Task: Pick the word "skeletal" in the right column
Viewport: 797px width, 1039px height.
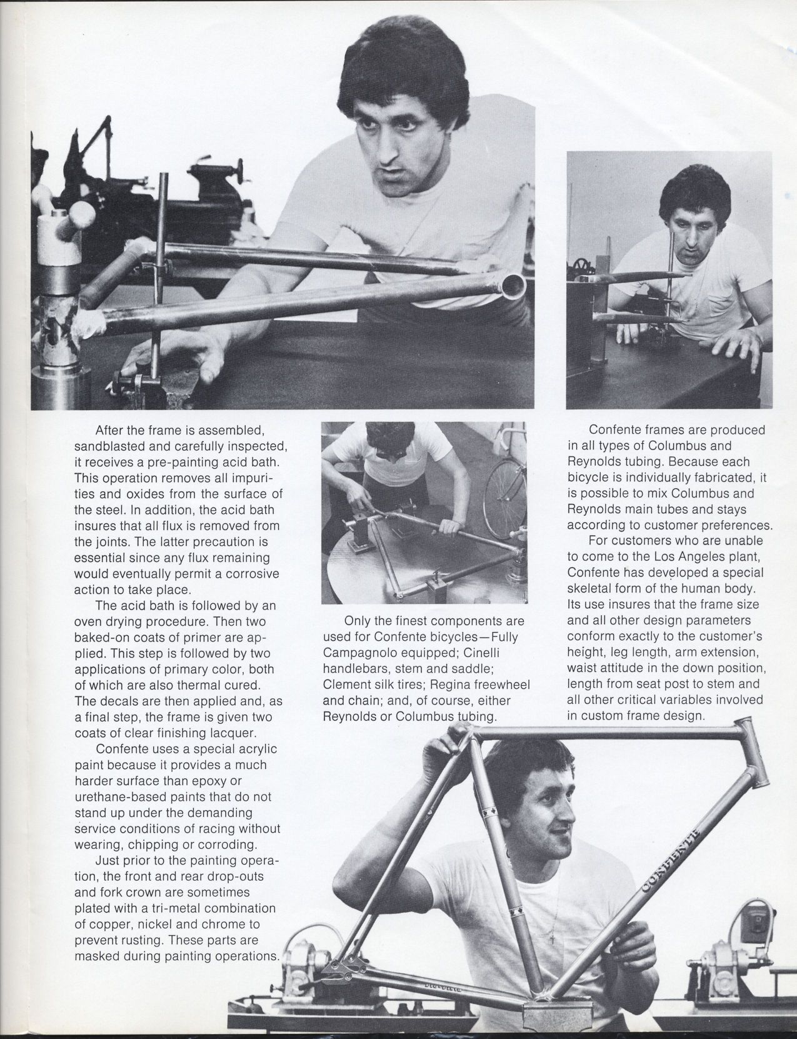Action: tap(593, 589)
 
